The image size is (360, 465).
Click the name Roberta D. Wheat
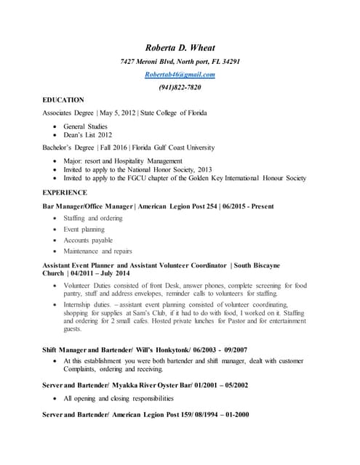[180, 48]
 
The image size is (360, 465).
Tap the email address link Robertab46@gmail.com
[180, 75]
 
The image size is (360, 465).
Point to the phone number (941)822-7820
[180, 87]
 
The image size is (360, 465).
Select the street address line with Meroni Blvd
[180, 62]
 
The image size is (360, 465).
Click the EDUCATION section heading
[63, 100]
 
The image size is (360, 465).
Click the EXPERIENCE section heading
[65, 193]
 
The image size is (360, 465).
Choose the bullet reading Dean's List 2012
[87, 135]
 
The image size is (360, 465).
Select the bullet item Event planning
[84, 229]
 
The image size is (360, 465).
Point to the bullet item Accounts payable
[88, 240]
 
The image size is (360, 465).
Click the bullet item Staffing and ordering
[93, 218]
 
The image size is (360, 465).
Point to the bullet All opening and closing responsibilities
[119, 399]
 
